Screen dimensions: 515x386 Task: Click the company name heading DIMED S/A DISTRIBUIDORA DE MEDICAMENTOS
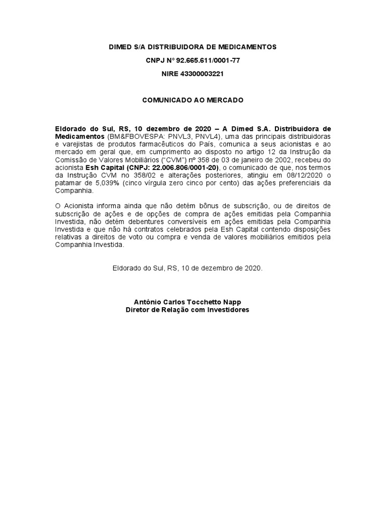tap(193, 47)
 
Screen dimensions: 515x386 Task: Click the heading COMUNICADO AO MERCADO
tap(193, 100)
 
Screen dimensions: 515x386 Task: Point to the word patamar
tap(67, 183)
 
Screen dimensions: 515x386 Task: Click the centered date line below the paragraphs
tap(187, 269)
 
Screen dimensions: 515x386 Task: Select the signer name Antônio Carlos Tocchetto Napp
tap(187, 302)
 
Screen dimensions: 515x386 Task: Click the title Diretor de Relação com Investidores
tap(187, 310)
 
